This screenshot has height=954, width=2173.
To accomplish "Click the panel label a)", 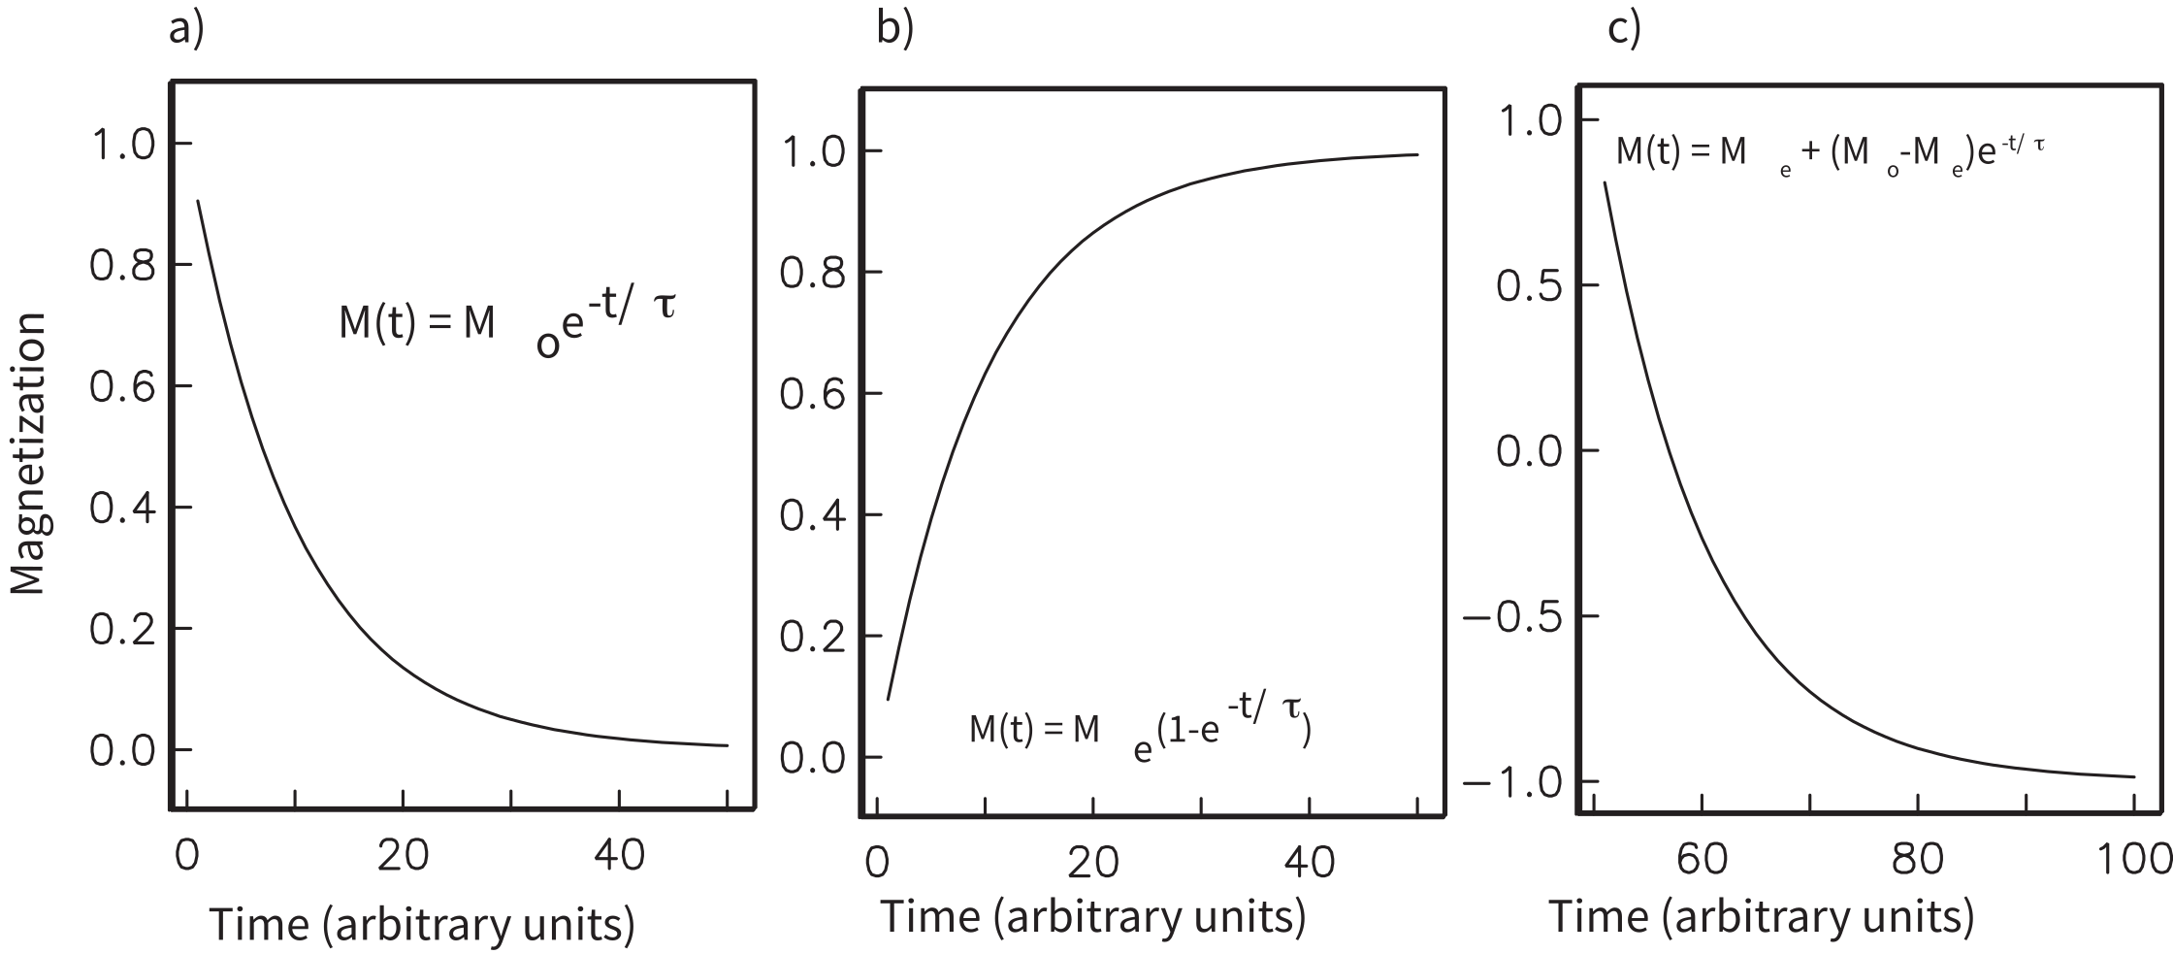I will [186, 29].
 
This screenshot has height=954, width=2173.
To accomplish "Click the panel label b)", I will [894, 29].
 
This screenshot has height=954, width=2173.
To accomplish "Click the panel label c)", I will [1624, 29].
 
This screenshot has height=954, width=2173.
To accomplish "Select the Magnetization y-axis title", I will [28, 453].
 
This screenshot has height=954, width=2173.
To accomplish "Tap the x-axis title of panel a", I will [422, 924].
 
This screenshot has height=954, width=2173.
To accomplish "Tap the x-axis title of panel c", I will [1761, 917].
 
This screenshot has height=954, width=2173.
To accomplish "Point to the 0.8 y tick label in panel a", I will [122, 266].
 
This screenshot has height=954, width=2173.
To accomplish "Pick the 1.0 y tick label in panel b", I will [813, 152].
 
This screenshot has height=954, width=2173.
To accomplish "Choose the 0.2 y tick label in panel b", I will [813, 638].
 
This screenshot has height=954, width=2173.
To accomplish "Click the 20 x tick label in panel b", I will [1094, 863].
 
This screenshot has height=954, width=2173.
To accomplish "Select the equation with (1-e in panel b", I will [1140, 733].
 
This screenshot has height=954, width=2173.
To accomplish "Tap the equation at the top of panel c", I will [1830, 154].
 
